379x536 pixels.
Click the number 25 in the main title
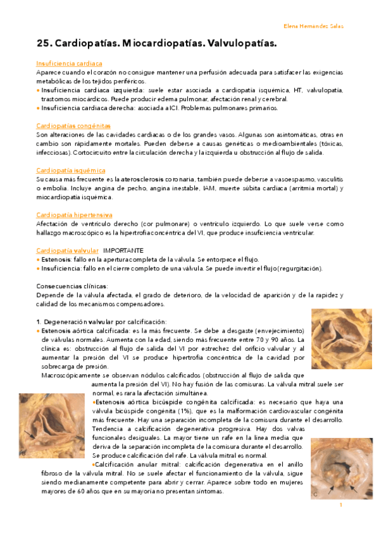click(44, 44)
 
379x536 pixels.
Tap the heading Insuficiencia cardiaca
click(69, 64)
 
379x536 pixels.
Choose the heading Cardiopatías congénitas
click(73, 126)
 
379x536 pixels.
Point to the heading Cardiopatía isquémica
click(71, 171)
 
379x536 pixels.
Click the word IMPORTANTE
click(123, 250)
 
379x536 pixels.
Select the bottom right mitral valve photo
click(341, 468)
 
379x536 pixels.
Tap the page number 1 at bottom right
click(340, 504)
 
